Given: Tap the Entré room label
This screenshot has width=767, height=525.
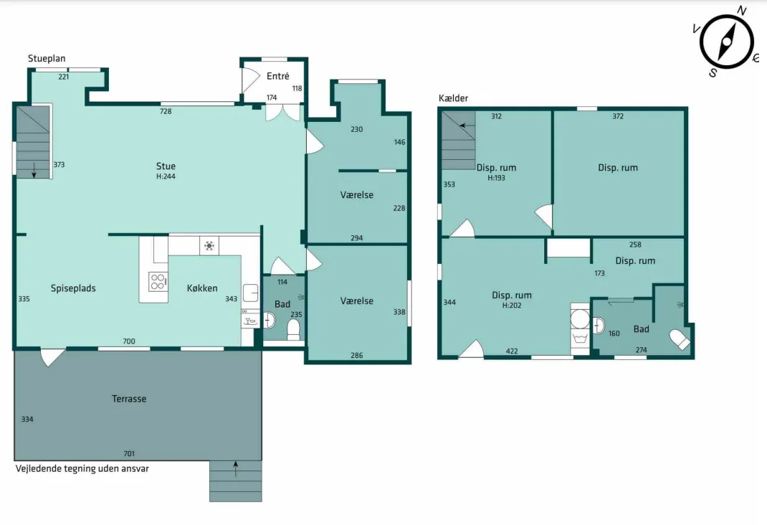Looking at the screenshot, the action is (278, 76).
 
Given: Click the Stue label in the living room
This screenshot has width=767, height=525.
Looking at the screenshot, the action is (166, 166).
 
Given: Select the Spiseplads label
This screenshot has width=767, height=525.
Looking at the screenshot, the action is (73, 288).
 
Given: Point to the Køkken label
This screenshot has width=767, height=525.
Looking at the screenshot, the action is (202, 288).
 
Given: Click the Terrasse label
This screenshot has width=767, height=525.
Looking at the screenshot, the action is (129, 399).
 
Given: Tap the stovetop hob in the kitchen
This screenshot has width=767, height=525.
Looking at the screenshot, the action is (158, 282).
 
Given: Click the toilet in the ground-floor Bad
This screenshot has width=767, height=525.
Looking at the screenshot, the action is (293, 329).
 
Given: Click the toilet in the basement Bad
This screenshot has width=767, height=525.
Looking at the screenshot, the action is (680, 339).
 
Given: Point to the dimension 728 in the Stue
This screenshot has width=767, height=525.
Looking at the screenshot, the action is (166, 111).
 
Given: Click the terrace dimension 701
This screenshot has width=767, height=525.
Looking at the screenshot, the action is (129, 453).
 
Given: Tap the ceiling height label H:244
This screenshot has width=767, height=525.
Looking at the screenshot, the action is (166, 176).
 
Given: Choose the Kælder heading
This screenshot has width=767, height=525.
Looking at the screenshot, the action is (454, 98).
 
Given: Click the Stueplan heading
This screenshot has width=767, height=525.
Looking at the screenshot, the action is (47, 59).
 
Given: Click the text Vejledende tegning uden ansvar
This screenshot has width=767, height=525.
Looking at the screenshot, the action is (82, 469).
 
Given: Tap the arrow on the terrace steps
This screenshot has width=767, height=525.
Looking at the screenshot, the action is (236, 469).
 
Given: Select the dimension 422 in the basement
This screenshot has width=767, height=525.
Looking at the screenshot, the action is (512, 351).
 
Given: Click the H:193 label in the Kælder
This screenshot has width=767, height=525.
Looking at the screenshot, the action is (497, 178).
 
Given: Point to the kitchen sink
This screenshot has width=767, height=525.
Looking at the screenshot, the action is (251, 293).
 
